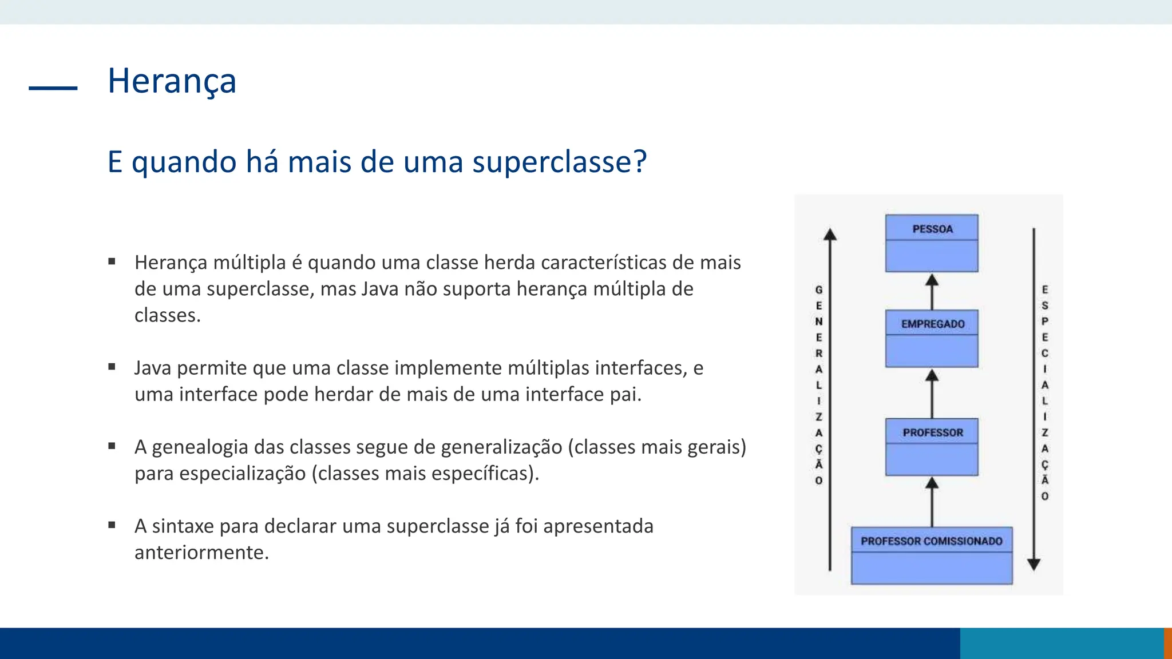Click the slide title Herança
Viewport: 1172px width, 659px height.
172,81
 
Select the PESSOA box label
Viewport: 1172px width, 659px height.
932,229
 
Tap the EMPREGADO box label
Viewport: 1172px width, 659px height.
932,324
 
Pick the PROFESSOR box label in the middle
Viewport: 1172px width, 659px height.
932,432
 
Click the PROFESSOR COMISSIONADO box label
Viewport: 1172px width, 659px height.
931,541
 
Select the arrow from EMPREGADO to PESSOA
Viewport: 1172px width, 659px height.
932,292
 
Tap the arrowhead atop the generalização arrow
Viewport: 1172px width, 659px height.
830,235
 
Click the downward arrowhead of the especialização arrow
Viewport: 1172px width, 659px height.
1034,565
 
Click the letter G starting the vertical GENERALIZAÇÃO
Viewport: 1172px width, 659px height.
819,290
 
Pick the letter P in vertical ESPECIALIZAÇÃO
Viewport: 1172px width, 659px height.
1045,321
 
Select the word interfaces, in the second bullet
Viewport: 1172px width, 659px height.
640,368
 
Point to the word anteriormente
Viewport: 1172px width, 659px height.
201,553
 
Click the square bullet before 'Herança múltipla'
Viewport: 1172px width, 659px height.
112,262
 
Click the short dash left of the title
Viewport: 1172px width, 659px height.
53,88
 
